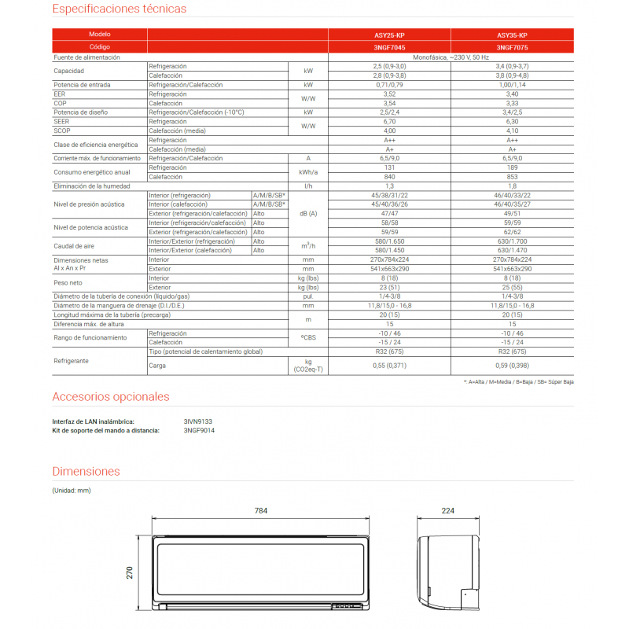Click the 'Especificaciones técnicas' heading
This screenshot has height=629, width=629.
120,9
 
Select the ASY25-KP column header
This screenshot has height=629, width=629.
389,36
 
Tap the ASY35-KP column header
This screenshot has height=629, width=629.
512,36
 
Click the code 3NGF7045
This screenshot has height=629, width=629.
389,47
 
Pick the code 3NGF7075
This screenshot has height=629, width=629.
512,47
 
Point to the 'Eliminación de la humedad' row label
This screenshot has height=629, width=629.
90,186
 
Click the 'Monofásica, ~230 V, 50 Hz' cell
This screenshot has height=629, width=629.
451,57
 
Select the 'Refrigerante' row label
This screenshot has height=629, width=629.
71,360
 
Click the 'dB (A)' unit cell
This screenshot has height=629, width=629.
307,214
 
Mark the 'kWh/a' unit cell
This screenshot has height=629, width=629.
307,171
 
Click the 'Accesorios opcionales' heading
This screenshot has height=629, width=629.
111,396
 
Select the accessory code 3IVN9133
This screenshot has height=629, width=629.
197,421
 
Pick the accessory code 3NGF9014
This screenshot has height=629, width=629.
199,430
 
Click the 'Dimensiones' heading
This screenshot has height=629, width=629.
86,471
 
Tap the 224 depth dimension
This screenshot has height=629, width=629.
447,511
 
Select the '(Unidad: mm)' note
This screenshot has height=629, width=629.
72,491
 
